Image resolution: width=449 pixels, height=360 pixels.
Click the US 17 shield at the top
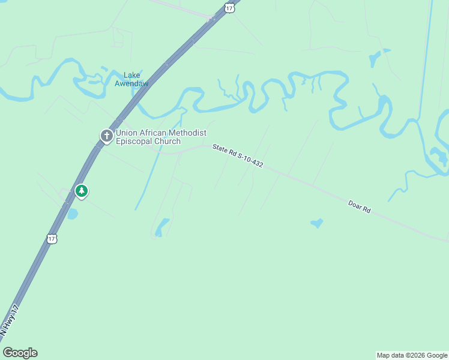coord(229,7)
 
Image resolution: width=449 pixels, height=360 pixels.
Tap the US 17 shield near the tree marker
coord(52,238)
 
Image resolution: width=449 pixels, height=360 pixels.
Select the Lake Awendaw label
coord(131,79)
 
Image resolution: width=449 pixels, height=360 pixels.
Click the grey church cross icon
coord(106,136)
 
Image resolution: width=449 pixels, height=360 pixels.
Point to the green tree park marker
coord(82,191)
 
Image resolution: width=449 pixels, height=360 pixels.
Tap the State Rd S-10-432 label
coord(238,155)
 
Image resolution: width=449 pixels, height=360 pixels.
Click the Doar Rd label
coord(359,208)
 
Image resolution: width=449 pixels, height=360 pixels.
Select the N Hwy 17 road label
coord(10,319)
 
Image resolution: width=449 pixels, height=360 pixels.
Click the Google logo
coord(20,353)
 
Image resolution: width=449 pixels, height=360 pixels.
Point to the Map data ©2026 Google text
coord(412,355)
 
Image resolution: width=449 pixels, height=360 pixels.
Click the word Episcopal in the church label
coord(134,142)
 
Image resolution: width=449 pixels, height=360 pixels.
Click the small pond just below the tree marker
coord(72,214)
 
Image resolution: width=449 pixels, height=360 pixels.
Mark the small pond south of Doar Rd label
coord(316,224)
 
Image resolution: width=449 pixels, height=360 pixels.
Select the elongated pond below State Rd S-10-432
coord(161,227)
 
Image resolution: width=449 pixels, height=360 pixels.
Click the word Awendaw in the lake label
coord(131,83)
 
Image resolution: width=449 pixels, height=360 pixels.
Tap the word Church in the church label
coord(167,142)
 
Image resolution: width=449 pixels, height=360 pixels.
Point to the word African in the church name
coord(155,133)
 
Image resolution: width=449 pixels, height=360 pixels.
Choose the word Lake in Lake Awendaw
coord(131,75)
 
